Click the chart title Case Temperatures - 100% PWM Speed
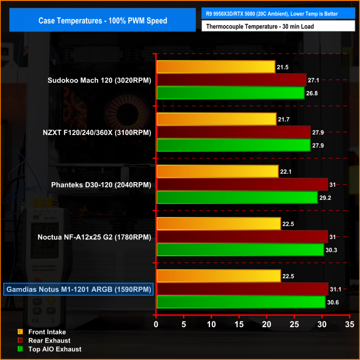tap(103, 21)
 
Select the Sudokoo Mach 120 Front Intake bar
tap(216, 67)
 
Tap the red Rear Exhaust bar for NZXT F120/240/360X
tap(233, 132)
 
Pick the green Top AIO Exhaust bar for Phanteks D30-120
tap(237, 198)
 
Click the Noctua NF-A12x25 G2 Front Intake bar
tap(218, 224)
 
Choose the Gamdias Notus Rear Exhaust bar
tap(242, 289)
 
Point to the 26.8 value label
tap(311, 94)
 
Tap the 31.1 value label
tap(335, 289)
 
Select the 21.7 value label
tap(283, 120)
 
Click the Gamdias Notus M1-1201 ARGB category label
tap(78, 290)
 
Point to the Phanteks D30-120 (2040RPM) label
tap(101, 185)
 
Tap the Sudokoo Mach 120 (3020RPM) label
tap(99, 81)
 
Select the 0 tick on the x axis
tap(156, 324)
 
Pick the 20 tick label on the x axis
tap(266, 324)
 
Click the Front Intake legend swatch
tap(20, 332)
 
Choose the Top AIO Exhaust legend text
tap(55, 349)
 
